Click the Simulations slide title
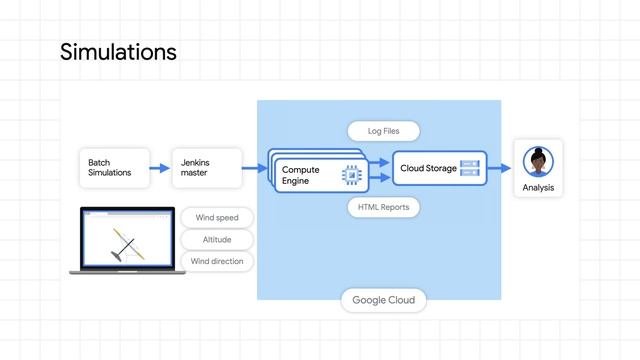(x=118, y=51)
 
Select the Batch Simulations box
(x=113, y=167)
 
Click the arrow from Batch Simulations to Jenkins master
(x=160, y=168)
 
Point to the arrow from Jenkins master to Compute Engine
(x=256, y=168)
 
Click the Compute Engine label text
(x=301, y=176)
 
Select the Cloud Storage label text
(x=428, y=169)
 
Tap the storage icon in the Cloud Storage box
(x=470, y=169)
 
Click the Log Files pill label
(x=383, y=131)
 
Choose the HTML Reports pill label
(x=383, y=207)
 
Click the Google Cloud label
(x=383, y=300)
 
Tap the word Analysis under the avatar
(x=538, y=188)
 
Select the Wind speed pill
(x=216, y=217)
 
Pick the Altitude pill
(x=216, y=239)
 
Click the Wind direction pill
(x=216, y=261)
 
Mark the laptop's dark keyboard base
(x=127, y=271)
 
